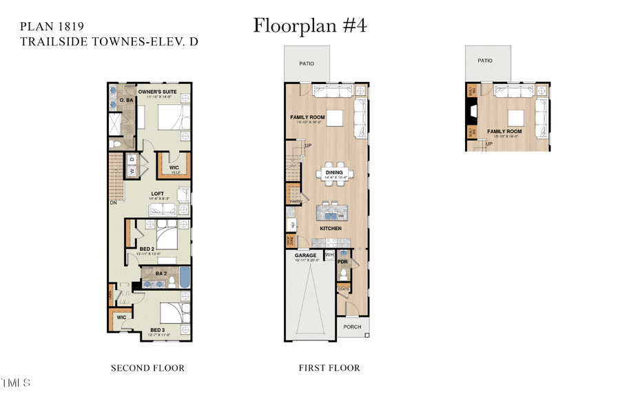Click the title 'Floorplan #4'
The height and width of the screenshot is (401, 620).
pos(310,25)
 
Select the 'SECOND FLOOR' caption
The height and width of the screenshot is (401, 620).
pos(147,368)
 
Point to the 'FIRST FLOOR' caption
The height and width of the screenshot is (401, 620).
pos(329,368)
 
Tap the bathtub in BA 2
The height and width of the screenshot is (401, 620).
pos(185,277)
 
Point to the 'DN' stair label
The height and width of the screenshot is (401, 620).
pos(112,203)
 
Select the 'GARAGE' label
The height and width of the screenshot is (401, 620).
pos(306,255)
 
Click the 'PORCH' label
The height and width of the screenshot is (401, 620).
pos(351,327)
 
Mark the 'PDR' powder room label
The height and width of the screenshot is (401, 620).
pos(342,262)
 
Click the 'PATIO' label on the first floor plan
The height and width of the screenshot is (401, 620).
pos(307,63)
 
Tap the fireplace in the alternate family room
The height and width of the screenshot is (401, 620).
pos(472,111)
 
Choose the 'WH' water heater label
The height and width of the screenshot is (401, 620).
pos(329,255)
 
